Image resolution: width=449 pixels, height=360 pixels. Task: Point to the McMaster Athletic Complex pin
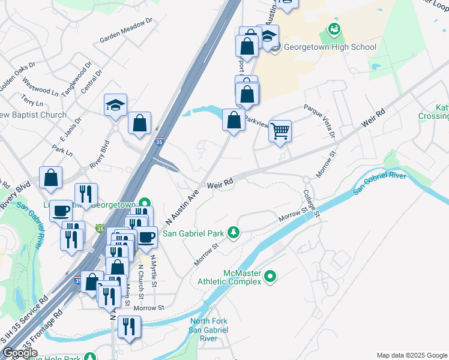coord(271,277)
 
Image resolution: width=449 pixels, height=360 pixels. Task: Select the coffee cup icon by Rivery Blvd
coord(61,211)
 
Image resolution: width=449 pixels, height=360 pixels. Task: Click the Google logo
coord(20,353)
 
